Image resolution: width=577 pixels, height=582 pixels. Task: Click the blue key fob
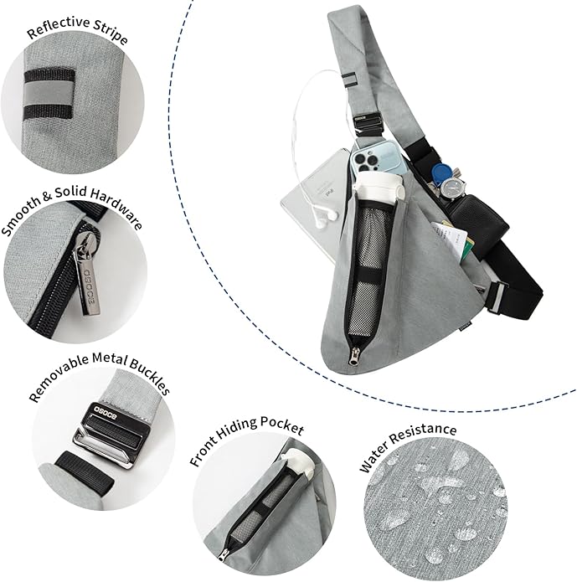click(441, 173)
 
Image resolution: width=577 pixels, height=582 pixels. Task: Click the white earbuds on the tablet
click(324, 217)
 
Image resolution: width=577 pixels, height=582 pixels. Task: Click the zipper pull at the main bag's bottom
click(355, 356)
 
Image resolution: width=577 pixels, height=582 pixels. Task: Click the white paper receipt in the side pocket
click(451, 237)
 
